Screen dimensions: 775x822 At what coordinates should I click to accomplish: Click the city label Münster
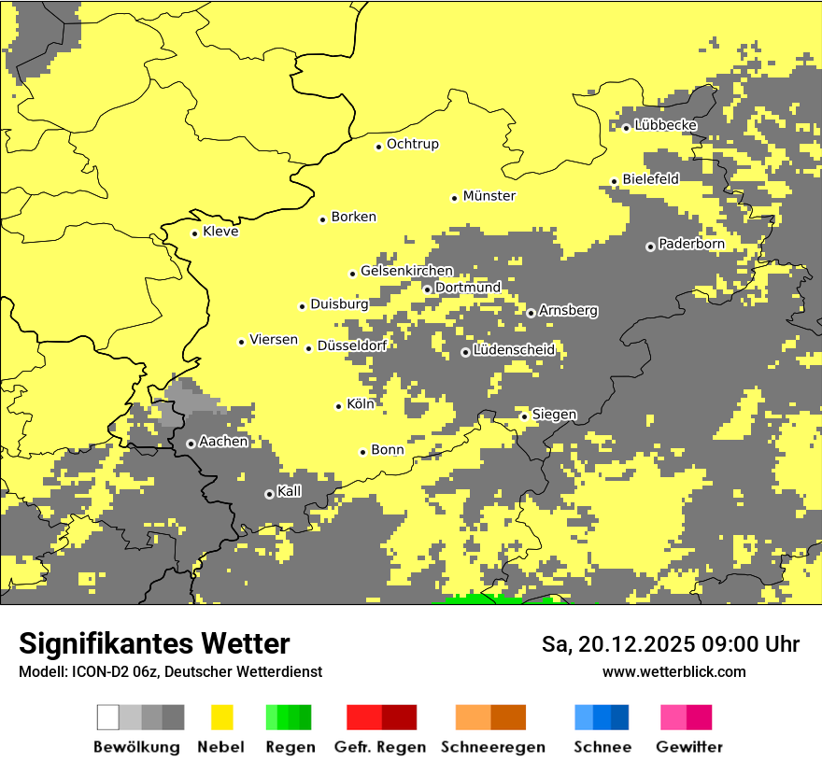[x=489, y=196]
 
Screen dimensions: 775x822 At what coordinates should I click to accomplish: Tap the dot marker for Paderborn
[x=650, y=247]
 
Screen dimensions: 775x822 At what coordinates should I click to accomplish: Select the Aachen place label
[x=223, y=442]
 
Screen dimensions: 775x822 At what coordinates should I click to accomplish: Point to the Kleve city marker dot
[x=194, y=233]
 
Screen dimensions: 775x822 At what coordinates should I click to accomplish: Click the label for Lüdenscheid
[x=514, y=350]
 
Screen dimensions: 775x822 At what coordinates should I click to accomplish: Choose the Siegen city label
[x=554, y=415]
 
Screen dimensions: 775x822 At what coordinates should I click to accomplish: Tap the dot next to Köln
[x=338, y=406]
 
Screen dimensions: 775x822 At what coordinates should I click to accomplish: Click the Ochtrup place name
[x=412, y=145]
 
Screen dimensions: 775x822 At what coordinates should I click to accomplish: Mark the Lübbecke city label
[x=665, y=125]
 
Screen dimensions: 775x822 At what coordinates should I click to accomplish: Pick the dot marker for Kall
[x=269, y=494]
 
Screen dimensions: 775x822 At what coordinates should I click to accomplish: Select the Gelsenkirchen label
[x=406, y=271]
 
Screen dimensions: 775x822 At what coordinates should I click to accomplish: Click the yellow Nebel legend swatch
[x=221, y=717]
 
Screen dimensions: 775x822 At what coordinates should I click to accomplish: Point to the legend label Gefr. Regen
[x=380, y=747]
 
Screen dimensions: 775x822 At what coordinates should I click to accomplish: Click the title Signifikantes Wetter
[x=154, y=644]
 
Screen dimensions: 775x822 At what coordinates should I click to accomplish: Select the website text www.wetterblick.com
[x=673, y=671]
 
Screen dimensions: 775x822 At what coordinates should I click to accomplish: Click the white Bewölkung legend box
[x=108, y=717]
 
